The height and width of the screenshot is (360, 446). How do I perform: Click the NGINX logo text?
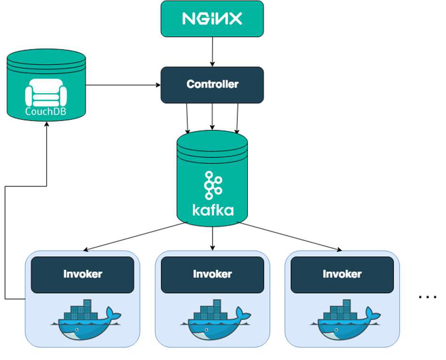(212, 18)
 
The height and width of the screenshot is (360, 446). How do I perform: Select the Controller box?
(212, 85)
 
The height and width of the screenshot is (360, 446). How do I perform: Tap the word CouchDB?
(46, 111)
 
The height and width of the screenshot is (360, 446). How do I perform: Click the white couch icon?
(46, 93)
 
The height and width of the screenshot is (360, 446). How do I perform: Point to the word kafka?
(213, 210)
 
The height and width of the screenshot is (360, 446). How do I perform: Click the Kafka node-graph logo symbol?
(213, 185)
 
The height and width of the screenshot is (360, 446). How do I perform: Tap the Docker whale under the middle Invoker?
(216, 320)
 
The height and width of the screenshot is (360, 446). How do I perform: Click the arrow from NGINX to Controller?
(212, 52)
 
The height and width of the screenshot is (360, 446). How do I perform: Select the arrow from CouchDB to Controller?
(123, 85)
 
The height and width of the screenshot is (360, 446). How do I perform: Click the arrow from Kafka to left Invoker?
(134, 237)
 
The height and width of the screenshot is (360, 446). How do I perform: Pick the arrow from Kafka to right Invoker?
(290, 237)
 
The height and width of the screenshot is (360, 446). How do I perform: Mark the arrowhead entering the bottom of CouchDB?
(47, 124)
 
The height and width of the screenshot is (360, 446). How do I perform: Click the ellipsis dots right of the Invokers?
(428, 297)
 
